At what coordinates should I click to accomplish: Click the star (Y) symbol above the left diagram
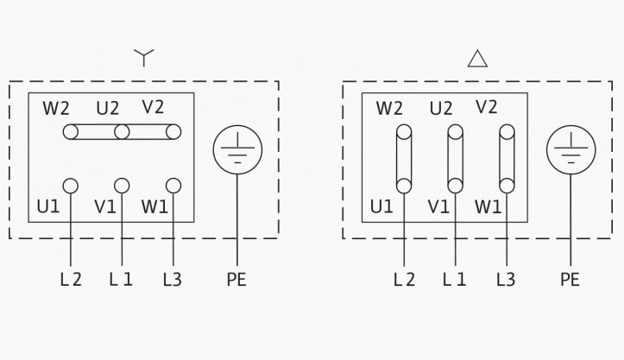coord(143,56)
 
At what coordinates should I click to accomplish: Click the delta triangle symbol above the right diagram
coord(477,59)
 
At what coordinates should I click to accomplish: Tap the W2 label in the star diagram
coord(56,108)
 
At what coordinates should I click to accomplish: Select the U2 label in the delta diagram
coord(441,108)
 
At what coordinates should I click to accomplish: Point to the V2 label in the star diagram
coord(153,107)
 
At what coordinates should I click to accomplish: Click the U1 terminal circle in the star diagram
coord(71,186)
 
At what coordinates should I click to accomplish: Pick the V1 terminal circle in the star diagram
coord(122,186)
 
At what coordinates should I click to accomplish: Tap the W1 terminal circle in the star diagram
coord(173,186)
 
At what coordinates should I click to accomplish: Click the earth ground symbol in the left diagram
coord(237,149)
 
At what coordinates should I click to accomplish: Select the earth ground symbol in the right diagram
coord(571,149)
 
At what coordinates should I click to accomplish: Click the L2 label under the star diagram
coord(71,279)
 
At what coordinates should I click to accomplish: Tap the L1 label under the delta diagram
coord(454,279)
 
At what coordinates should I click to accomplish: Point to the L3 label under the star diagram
coord(173,279)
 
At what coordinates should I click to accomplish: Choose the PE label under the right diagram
coord(570,279)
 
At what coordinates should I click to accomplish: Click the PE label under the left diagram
coord(236,279)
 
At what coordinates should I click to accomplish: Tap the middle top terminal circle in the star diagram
coord(122,132)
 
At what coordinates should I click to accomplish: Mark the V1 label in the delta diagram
coord(438,206)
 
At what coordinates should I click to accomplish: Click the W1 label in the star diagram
coord(154,206)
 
